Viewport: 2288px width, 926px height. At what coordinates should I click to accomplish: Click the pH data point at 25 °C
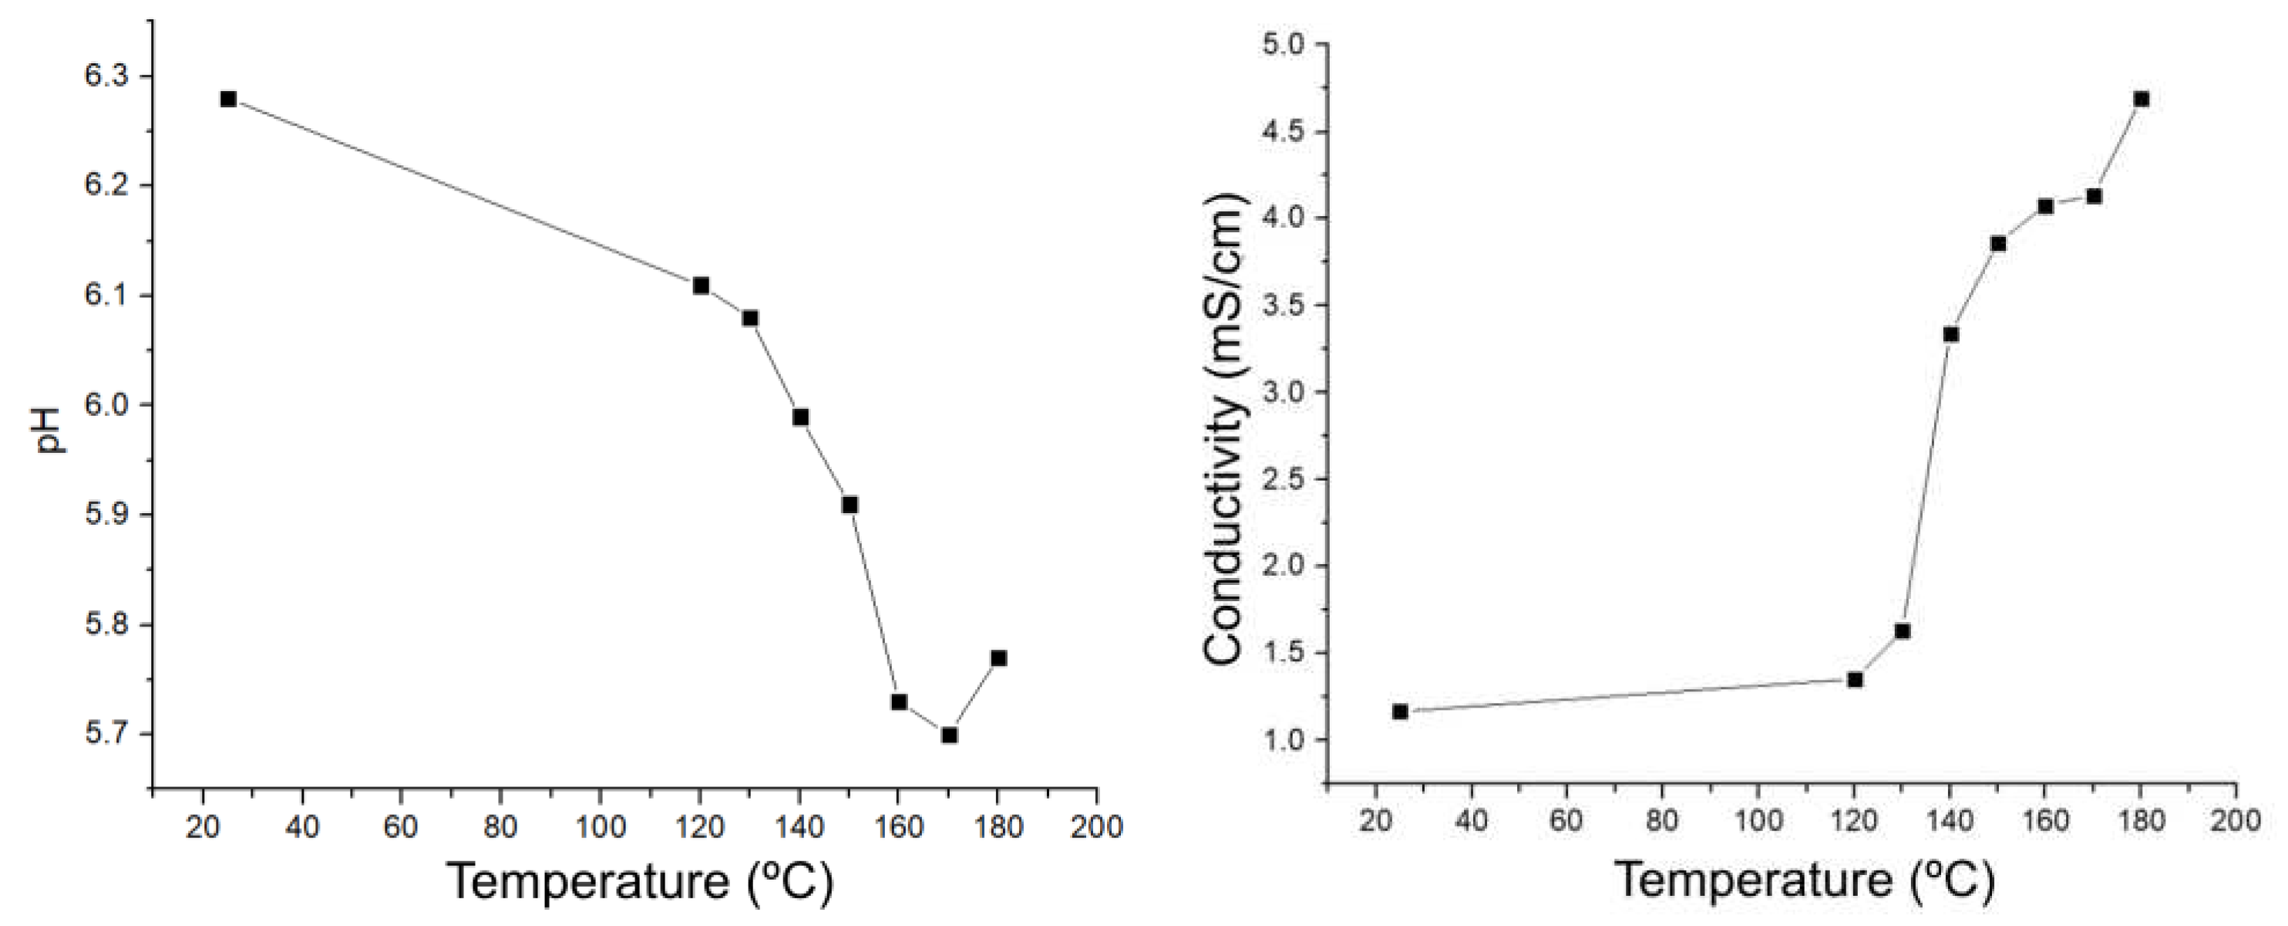228,99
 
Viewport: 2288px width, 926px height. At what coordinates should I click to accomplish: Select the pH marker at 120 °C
701,286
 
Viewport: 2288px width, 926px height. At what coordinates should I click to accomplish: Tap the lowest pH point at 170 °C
949,735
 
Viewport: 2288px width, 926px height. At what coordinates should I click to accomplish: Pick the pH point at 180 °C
998,658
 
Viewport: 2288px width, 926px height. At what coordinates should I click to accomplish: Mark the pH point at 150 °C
850,505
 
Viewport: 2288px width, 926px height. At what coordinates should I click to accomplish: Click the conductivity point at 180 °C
2142,99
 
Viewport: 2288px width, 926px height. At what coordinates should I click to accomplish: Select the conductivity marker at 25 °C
1401,711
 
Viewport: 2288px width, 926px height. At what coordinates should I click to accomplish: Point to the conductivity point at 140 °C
1950,334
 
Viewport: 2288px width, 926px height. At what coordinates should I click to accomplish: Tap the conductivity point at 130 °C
1903,631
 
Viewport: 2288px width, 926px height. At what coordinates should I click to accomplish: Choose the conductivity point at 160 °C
2045,206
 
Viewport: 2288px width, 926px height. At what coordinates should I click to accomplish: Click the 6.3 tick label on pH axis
106,76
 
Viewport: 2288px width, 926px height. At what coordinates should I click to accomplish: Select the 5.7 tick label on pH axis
106,735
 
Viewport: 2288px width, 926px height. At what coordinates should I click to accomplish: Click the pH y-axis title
52,430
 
